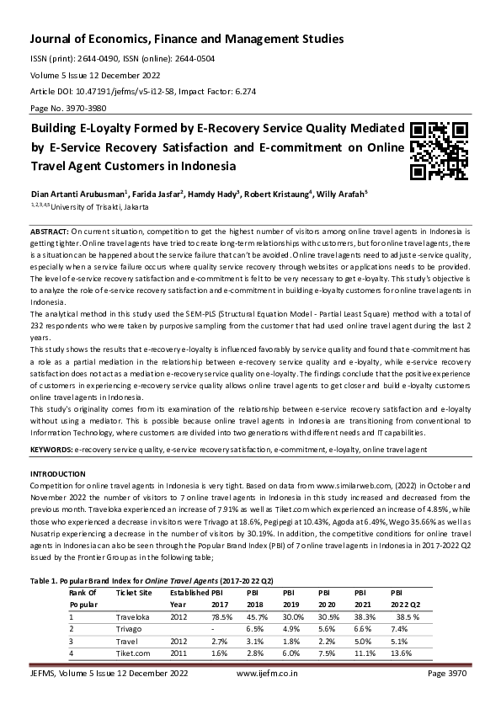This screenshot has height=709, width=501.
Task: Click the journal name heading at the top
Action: coord(186,40)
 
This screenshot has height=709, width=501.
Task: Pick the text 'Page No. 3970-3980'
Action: coord(68,109)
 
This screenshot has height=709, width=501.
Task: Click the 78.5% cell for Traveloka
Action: coord(221,616)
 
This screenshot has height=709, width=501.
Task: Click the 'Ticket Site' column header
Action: coord(135,593)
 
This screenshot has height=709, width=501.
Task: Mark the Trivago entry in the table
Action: coord(131,628)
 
